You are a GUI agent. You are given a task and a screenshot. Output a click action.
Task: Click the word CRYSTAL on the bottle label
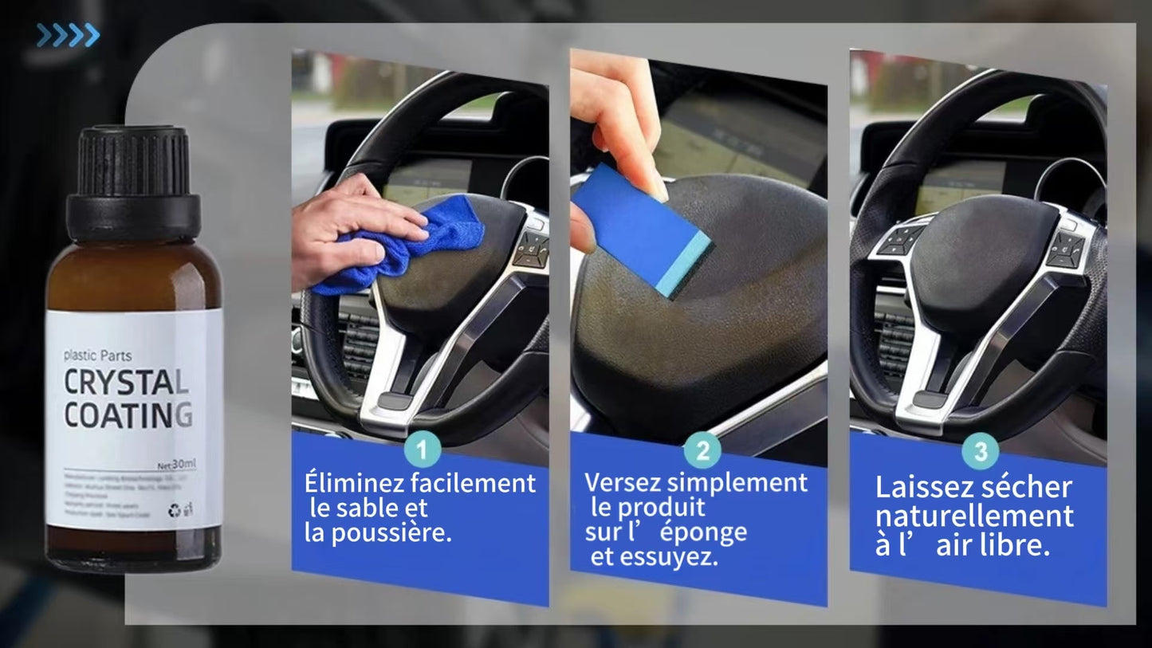point(126,383)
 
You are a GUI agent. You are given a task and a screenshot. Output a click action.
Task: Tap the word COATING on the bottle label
point(128,415)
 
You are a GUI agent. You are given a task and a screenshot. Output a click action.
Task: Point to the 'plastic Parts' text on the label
point(98,355)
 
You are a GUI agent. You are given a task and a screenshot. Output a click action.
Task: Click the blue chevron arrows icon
point(68,35)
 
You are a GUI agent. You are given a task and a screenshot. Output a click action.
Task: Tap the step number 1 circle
point(423,450)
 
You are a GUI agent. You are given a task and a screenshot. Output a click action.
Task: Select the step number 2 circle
point(702,451)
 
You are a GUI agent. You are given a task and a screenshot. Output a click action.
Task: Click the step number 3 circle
point(981,452)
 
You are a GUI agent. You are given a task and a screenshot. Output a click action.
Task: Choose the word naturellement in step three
point(974,516)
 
